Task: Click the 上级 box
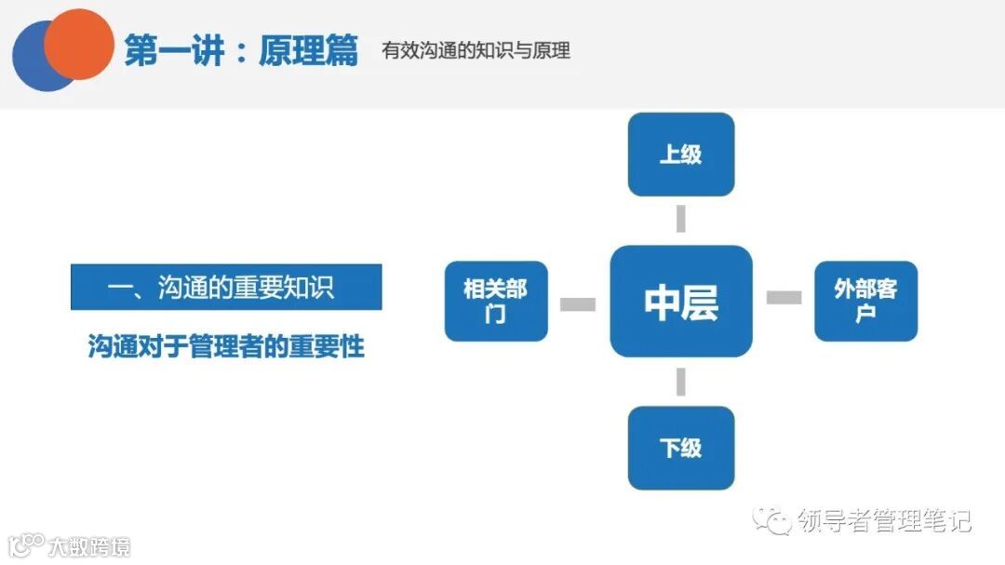tap(680, 155)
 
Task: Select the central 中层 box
tap(680, 301)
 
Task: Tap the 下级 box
tap(680, 448)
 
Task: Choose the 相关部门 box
tap(496, 301)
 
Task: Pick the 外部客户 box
tap(865, 301)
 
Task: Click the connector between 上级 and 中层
tap(680, 220)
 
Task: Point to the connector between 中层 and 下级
tap(680, 382)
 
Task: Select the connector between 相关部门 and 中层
tap(578, 303)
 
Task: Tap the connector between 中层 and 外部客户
tap(784, 297)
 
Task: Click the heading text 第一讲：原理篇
tap(240, 51)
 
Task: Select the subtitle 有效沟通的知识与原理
tap(476, 50)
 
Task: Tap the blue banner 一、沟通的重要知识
tap(226, 287)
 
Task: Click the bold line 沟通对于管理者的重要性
tap(226, 346)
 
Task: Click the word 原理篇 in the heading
tap(308, 51)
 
